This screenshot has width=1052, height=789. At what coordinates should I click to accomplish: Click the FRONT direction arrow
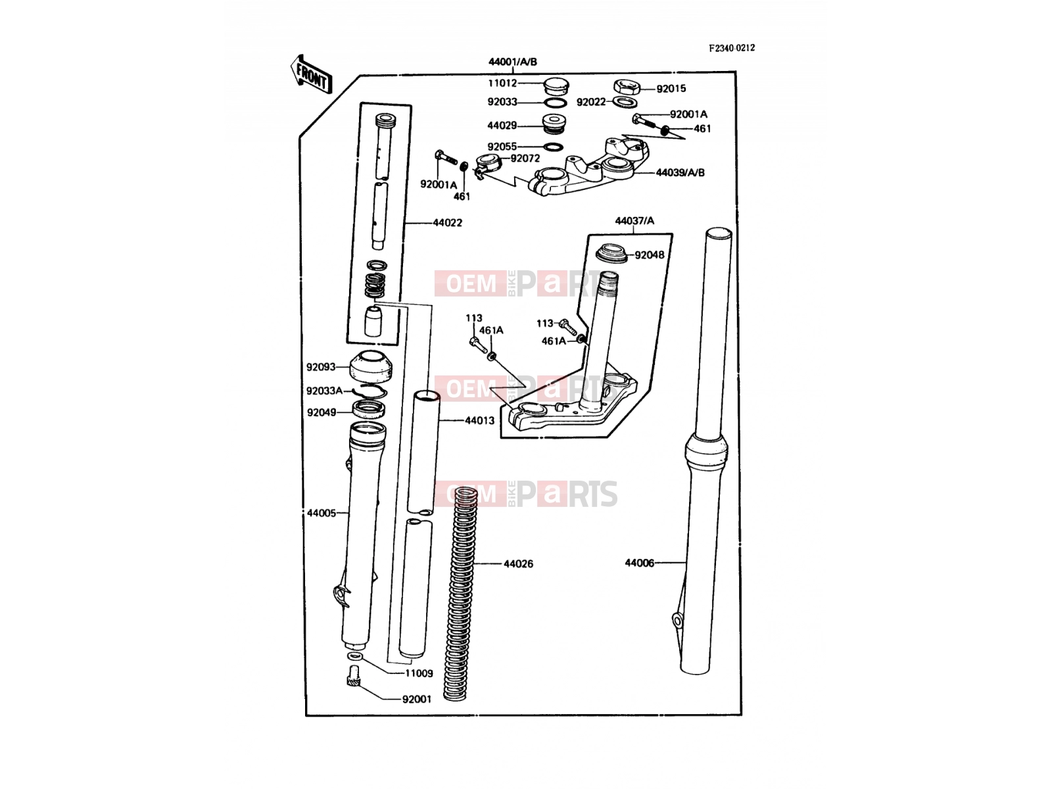click(311, 74)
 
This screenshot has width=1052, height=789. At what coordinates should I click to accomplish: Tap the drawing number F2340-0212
click(732, 48)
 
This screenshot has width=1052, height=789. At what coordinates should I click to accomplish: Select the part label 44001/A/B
click(513, 62)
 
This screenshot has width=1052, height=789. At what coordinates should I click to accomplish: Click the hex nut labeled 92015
click(627, 87)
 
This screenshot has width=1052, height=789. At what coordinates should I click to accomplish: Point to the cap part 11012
click(556, 87)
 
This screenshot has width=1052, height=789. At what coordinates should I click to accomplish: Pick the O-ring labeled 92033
click(556, 103)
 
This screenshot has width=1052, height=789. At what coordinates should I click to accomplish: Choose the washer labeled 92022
click(625, 102)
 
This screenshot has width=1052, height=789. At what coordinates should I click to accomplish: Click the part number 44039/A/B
click(680, 172)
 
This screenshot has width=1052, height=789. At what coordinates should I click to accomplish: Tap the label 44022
click(447, 223)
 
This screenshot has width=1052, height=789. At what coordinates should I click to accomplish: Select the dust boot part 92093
click(370, 366)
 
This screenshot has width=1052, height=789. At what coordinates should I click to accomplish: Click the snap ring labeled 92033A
click(370, 391)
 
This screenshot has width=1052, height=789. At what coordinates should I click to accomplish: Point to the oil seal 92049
click(369, 410)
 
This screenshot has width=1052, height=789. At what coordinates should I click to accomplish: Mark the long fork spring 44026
click(460, 594)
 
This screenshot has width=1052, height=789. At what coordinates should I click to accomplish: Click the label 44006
click(639, 563)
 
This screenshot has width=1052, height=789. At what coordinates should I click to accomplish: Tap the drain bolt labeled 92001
click(354, 676)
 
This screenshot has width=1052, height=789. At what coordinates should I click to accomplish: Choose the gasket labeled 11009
click(354, 656)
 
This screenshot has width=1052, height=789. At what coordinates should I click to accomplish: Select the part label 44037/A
click(634, 221)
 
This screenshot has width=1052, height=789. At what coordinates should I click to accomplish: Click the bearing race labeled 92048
click(611, 253)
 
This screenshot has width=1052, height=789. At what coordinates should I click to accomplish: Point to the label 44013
click(479, 421)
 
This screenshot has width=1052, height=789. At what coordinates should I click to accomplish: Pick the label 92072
click(525, 158)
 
